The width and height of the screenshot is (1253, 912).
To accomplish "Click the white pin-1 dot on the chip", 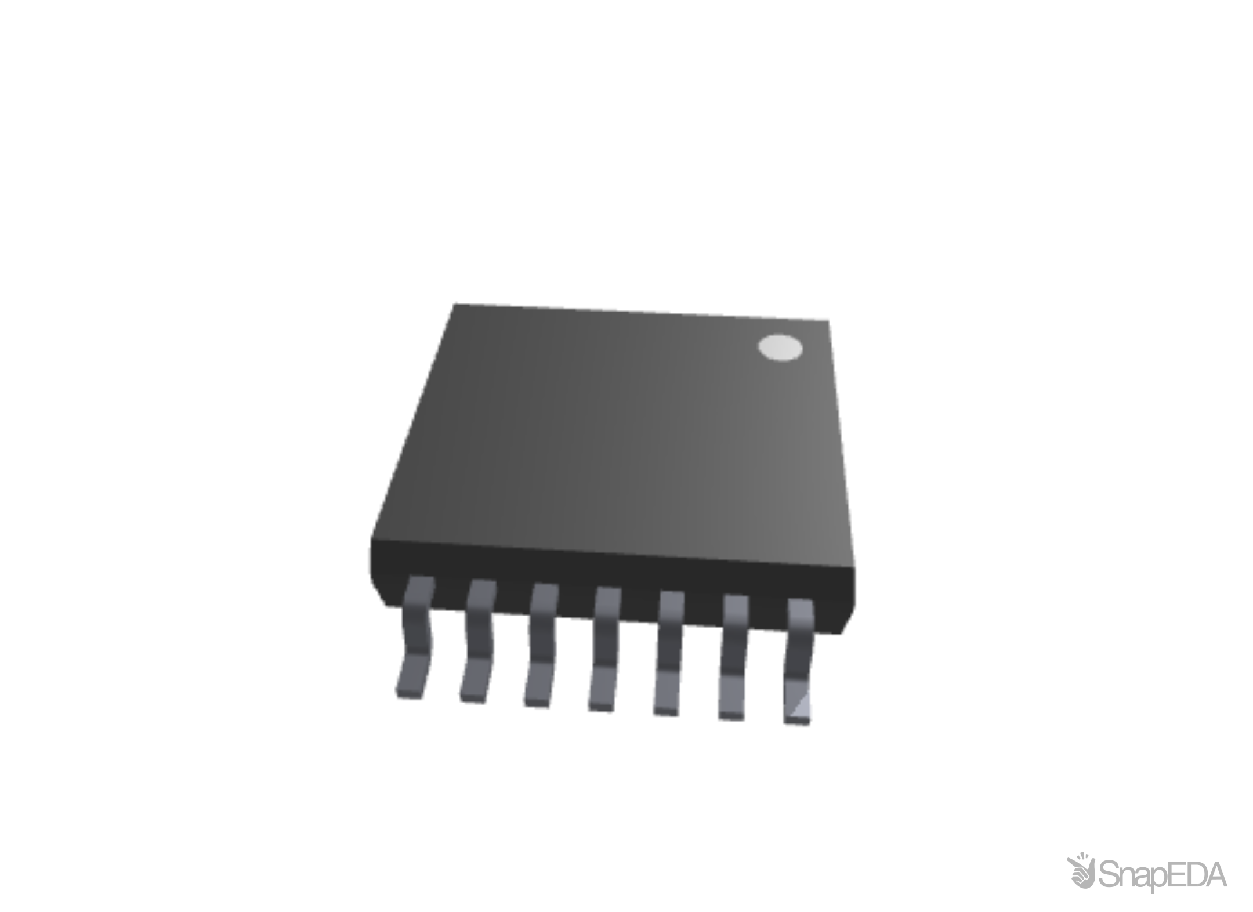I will coord(780,348).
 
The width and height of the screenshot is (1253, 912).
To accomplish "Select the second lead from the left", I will coord(477,641).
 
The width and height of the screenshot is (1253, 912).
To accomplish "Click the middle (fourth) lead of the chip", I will coord(604,650).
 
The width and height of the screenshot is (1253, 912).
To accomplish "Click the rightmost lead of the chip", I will coord(799,661).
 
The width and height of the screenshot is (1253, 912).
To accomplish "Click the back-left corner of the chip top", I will coord(456,305).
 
